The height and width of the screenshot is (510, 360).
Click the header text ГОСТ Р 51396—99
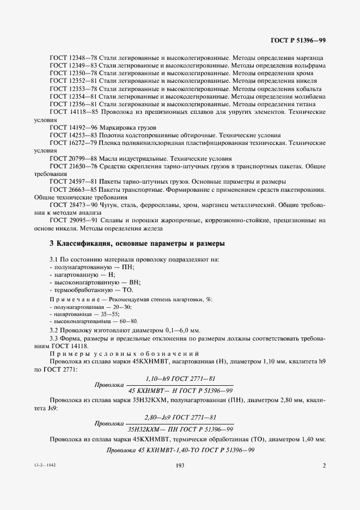pos(297,40)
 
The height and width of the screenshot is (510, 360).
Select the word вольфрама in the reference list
pos(309,65)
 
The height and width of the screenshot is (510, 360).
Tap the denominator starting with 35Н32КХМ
pos(180,429)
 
